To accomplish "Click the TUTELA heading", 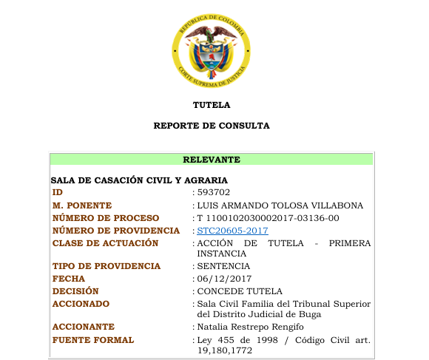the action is pyautogui.click(x=212, y=105).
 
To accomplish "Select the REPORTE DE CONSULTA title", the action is pyautogui.click(x=212, y=126).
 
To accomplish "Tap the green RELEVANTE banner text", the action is pyautogui.click(x=212, y=160).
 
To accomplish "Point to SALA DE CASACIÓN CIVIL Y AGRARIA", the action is pyautogui.click(x=139, y=180).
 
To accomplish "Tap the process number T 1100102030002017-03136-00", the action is pyautogui.click(x=268, y=218).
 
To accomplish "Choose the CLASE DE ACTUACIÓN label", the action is pyautogui.click(x=106, y=243).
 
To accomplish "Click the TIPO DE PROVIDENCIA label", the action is pyautogui.click(x=107, y=266).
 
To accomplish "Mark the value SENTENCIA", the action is pyautogui.click(x=223, y=266).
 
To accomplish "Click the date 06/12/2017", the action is pyautogui.click(x=222, y=279).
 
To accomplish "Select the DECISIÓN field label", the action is pyautogui.click(x=75, y=291).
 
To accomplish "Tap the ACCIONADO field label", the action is pyautogui.click(x=81, y=304).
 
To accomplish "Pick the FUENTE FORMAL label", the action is pyautogui.click(x=93, y=340).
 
